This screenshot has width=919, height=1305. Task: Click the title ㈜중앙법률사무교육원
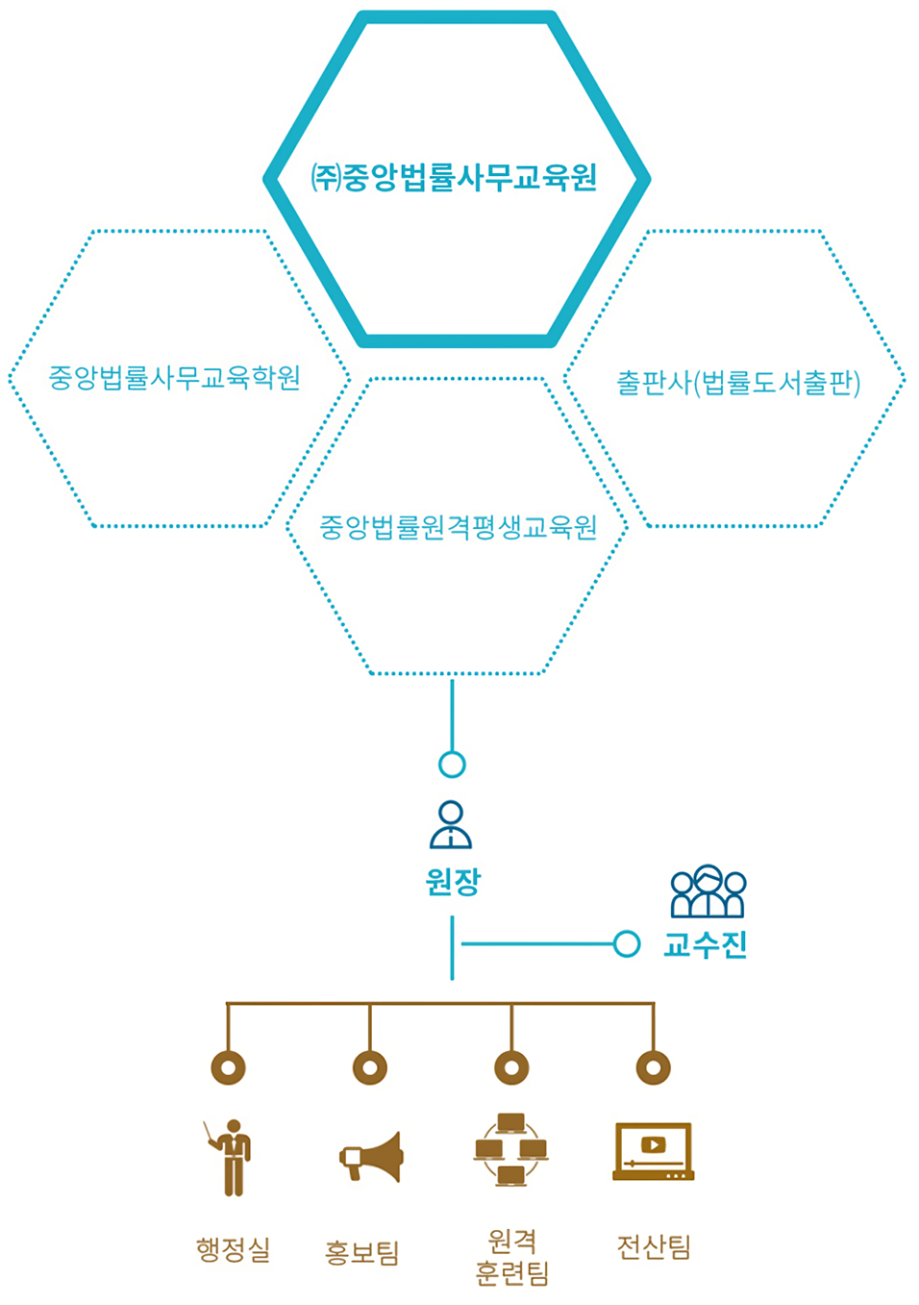(455, 178)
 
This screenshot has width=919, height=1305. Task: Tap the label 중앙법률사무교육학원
(175, 377)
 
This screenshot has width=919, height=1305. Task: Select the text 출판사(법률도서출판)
(737, 383)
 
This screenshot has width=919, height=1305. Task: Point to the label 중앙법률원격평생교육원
(458, 527)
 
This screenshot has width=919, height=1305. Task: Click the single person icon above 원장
(451, 825)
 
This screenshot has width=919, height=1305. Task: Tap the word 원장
(453, 881)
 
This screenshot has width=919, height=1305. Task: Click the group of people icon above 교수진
(708, 891)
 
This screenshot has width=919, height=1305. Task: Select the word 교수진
(706, 944)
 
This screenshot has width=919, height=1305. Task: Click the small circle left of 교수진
(627, 944)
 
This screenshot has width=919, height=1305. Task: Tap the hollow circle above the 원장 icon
(452, 765)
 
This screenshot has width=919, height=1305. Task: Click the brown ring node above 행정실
(228, 1067)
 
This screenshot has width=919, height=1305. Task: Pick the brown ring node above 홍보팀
(370, 1067)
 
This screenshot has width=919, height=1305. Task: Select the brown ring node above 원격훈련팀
(511, 1067)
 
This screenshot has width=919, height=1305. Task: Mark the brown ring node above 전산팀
(654, 1067)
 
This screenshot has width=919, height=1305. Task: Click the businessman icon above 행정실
(231, 1157)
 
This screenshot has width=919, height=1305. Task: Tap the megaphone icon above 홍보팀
(372, 1157)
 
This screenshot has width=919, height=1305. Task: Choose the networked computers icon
(510, 1150)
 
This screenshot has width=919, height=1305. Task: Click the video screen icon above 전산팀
(654, 1150)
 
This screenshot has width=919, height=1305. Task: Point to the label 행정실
(233, 1249)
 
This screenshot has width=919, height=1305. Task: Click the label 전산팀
(654, 1247)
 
